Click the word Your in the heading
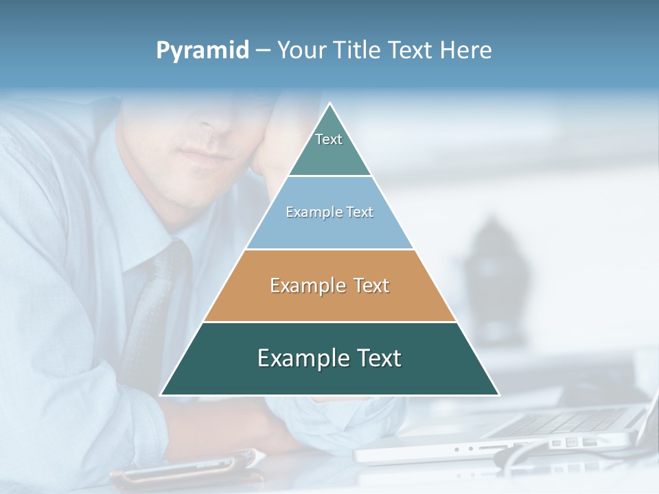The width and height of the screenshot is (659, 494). pos(301,50)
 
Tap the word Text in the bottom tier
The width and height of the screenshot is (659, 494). pos(375,358)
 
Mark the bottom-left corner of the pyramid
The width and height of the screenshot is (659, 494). pos(162,395)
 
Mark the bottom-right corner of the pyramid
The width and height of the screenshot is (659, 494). pos(498,395)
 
